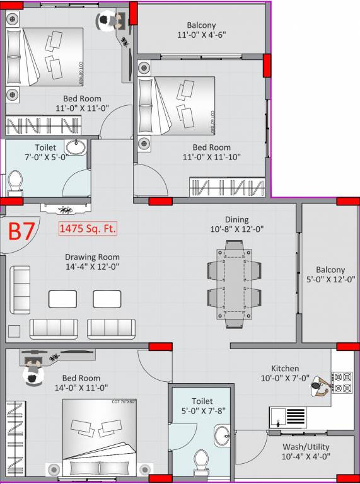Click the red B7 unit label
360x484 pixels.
(x=21, y=231)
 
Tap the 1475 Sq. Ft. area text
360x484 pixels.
(x=88, y=229)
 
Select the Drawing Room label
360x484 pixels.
(x=92, y=257)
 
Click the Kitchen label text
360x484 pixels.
(x=285, y=368)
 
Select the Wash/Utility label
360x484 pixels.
(x=306, y=447)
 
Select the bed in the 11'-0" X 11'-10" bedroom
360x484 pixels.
(x=177, y=106)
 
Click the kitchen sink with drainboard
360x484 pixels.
(x=287, y=417)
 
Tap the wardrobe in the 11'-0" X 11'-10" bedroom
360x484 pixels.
(x=226, y=187)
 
